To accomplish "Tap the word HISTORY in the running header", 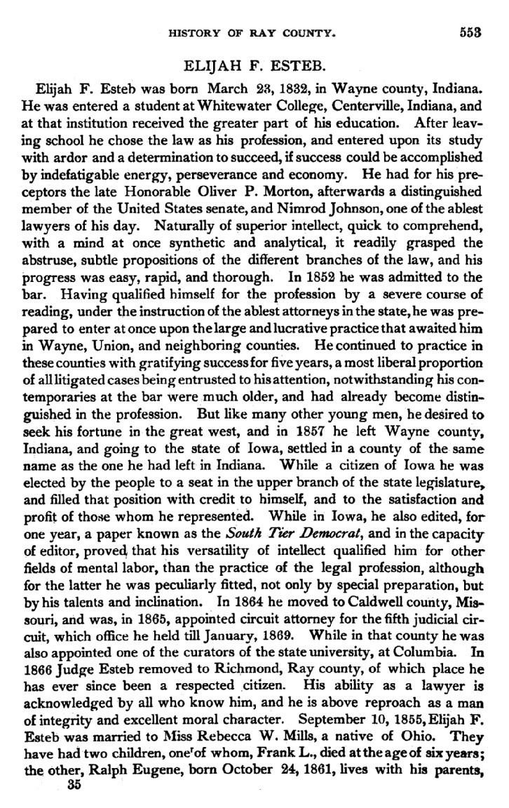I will (x=192, y=32).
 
